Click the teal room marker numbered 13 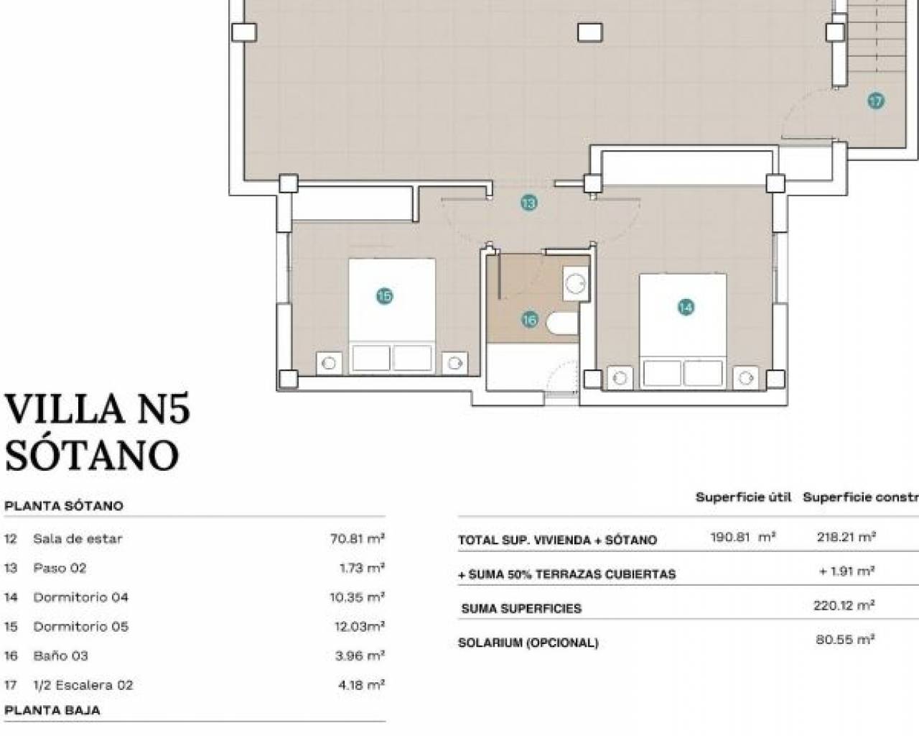[528, 202]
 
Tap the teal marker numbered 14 [686, 307]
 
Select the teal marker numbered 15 [385, 296]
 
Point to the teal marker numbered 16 [530, 319]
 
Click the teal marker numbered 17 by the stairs [877, 101]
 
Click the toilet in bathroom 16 [562, 323]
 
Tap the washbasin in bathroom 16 [575, 283]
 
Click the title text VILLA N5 [98, 410]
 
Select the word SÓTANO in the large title [92, 455]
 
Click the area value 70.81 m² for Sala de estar [358, 538]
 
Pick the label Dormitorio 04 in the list [80, 597]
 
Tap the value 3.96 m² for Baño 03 [360, 655]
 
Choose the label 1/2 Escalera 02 [83, 685]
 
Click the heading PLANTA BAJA [52, 710]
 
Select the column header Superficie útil [744, 497]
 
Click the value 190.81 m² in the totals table [742, 537]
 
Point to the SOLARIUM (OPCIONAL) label [528, 643]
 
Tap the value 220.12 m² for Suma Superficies [844, 605]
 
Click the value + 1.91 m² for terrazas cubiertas [846, 571]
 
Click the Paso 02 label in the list [60, 568]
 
